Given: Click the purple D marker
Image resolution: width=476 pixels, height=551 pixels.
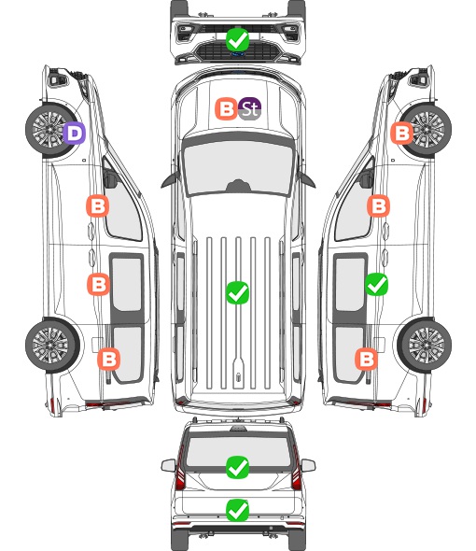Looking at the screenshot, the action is pyautogui.click(x=75, y=134).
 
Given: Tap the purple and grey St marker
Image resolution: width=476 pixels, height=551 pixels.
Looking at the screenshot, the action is pyautogui.click(x=249, y=108).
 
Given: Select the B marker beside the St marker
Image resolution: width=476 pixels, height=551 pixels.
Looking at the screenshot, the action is pyautogui.click(x=226, y=108).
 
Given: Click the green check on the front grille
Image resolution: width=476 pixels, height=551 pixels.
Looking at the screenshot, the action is pyautogui.click(x=237, y=40).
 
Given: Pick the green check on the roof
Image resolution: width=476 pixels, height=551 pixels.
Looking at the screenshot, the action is pyautogui.click(x=237, y=292).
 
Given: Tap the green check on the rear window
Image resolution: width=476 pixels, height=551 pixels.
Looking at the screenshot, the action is pyautogui.click(x=237, y=467).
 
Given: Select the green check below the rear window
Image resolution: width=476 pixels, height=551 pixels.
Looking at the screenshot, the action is pyautogui.click(x=237, y=510).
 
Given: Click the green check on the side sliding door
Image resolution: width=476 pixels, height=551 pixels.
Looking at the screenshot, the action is pyautogui.click(x=376, y=284).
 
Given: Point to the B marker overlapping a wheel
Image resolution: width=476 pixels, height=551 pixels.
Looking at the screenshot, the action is pyautogui.click(x=402, y=133).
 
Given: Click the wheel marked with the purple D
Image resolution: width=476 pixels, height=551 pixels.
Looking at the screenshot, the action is pyautogui.click(x=52, y=130).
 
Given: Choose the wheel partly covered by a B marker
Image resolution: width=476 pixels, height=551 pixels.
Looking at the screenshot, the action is pyautogui.click(x=425, y=130).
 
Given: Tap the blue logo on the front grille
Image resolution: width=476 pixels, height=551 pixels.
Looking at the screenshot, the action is pyautogui.click(x=238, y=54).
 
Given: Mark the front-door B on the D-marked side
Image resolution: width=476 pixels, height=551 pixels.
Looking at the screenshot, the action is pyautogui.click(x=98, y=205).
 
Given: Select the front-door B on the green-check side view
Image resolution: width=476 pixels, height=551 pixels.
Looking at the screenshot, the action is pyautogui.click(x=378, y=205).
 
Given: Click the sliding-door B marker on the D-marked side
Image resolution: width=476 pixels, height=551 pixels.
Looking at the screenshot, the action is pyautogui.click(x=98, y=284).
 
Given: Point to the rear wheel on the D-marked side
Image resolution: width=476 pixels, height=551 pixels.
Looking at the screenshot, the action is pyautogui.click(x=52, y=346).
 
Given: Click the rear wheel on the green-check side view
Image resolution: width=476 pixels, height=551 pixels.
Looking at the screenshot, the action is pyautogui.click(x=425, y=346).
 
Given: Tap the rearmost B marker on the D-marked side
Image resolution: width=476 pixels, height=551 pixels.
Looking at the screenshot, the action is pyautogui.click(x=109, y=360).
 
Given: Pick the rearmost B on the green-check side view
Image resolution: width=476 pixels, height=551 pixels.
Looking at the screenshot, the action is pyautogui.click(x=366, y=360).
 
